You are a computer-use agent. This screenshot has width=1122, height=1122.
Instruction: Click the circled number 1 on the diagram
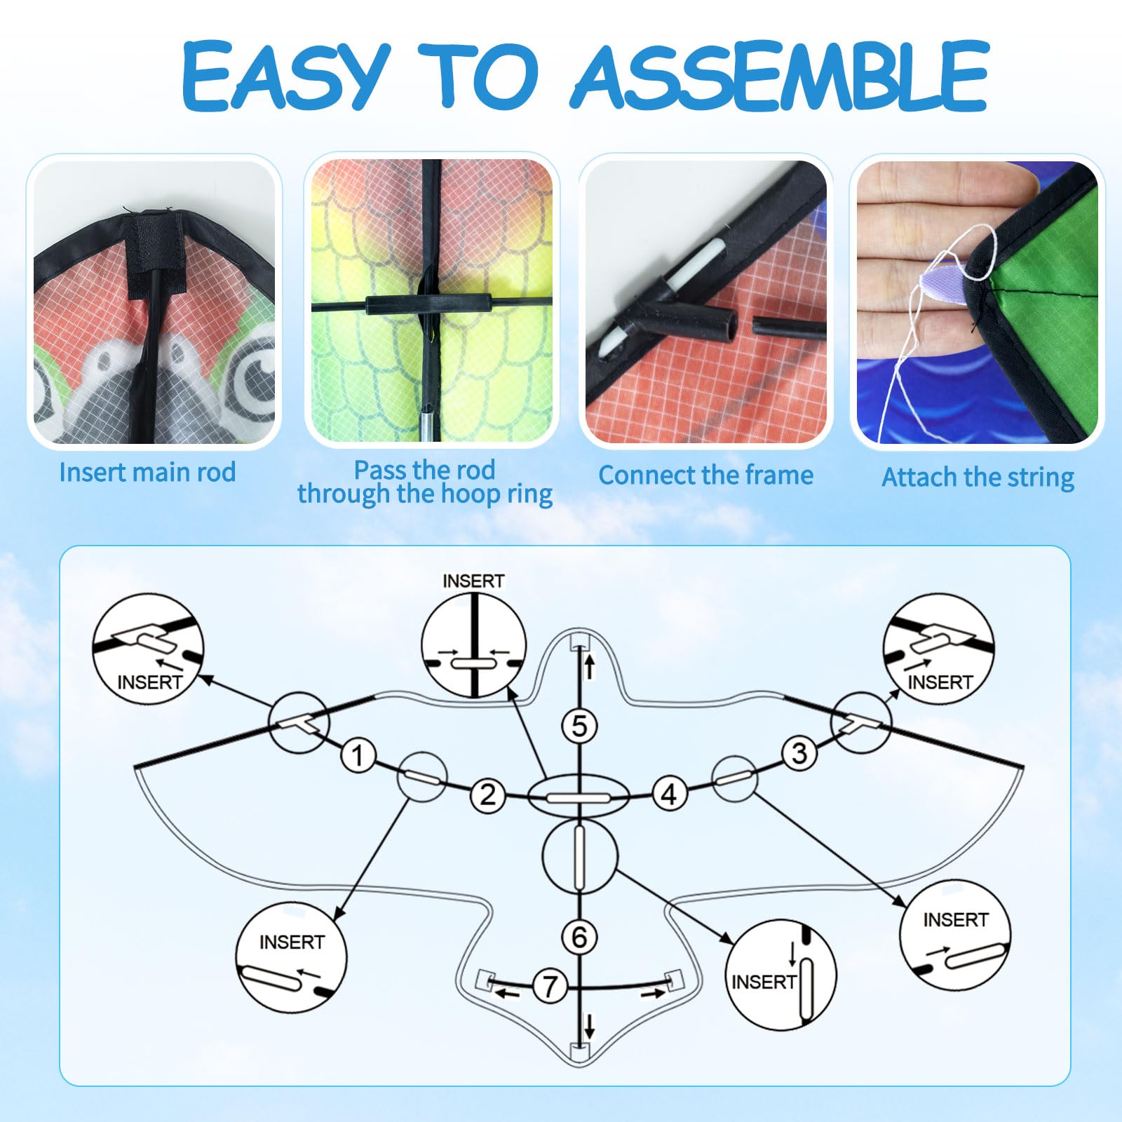pyautogui.click(x=358, y=756)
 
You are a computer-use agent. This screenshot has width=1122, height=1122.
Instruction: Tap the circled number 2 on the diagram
pyautogui.click(x=487, y=795)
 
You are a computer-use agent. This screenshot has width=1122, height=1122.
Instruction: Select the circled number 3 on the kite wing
pyautogui.click(x=799, y=753)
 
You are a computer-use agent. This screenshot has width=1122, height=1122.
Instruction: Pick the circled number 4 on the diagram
pyautogui.click(x=669, y=795)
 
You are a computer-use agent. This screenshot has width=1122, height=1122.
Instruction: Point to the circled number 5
pyautogui.click(x=579, y=726)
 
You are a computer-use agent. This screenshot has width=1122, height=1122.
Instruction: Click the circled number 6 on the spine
pyautogui.click(x=579, y=937)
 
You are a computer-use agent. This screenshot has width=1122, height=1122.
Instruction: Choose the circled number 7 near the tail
pyautogui.click(x=550, y=986)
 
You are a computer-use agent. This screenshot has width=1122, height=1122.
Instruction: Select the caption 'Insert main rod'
pyautogui.click(x=147, y=472)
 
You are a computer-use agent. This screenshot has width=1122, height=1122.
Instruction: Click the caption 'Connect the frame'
pyautogui.click(x=705, y=475)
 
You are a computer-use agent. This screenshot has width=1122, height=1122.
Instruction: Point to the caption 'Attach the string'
pyautogui.click(x=978, y=478)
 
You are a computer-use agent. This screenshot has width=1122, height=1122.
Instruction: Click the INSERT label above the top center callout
pyautogui.click(x=473, y=581)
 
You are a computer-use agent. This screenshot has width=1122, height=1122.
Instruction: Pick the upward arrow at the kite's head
pyautogui.click(x=590, y=665)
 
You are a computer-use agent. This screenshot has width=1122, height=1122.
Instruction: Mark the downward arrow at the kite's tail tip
pyautogui.click(x=589, y=1027)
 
